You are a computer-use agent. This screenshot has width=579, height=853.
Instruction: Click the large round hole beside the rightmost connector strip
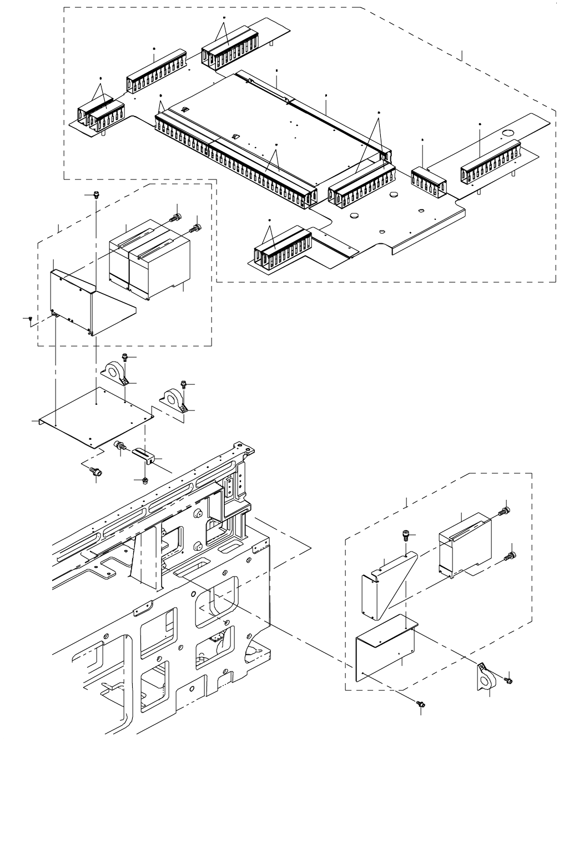(507, 133)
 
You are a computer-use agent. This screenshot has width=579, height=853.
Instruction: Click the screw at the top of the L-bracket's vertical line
(97, 195)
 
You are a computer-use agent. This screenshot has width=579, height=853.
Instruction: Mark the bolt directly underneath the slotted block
(144, 479)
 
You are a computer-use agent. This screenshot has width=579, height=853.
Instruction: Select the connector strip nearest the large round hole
(490, 165)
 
